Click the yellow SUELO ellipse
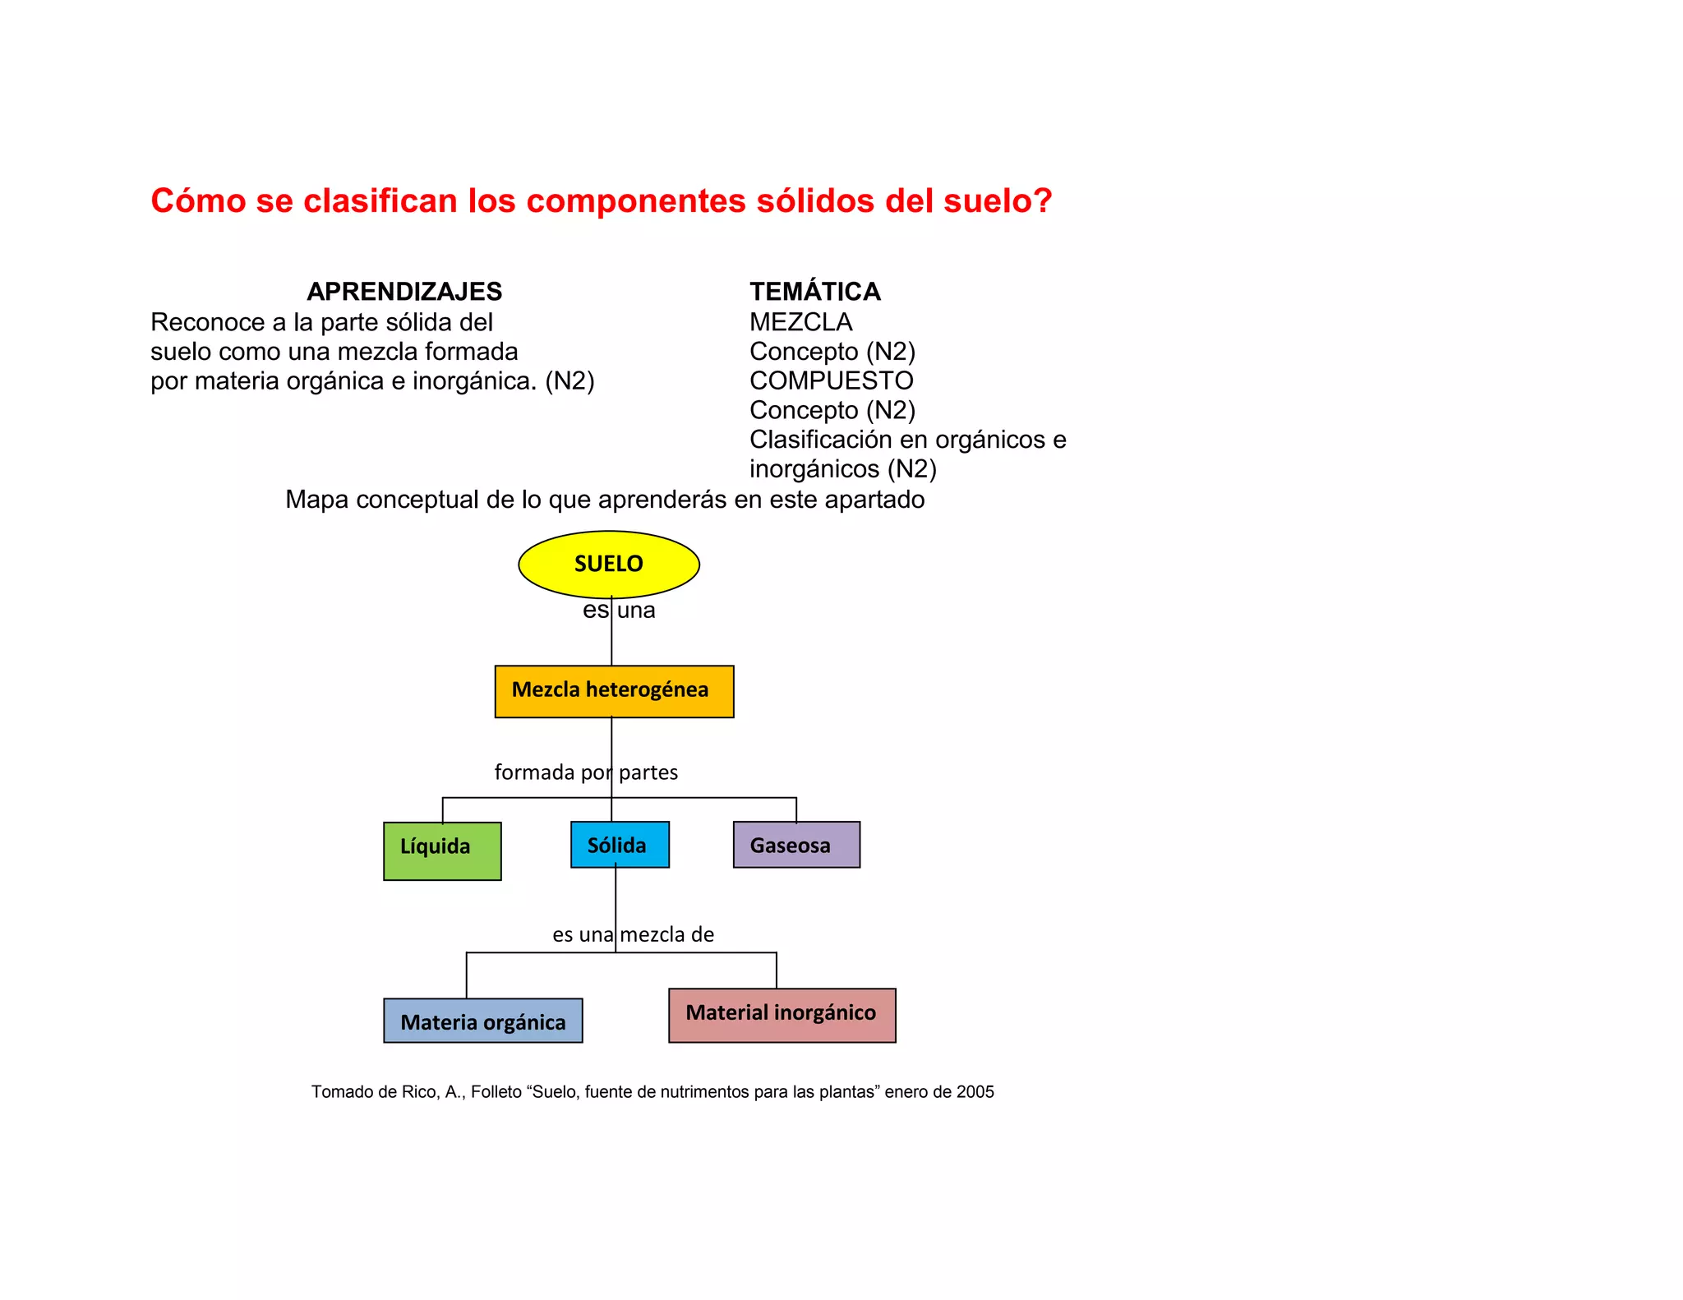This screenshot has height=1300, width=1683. click(608, 564)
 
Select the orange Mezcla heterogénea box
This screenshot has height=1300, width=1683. click(614, 691)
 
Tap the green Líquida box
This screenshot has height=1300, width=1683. click(442, 851)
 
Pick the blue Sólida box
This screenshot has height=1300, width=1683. click(620, 844)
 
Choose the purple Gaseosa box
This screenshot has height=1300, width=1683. click(796, 844)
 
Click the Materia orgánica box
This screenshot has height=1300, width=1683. click(483, 1021)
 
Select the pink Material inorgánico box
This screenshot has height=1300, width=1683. click(782, 1015)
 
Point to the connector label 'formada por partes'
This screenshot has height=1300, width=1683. click(586, 772)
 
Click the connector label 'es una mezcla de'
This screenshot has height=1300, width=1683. click(633, 934)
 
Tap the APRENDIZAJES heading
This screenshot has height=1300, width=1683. click(404, 292)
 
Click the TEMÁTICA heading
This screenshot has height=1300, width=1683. click(814, 292)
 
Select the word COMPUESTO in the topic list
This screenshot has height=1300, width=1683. click(831, 380)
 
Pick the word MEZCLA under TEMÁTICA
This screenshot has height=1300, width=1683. click(800, 322)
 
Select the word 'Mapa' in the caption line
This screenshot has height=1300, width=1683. click(316, 500)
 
